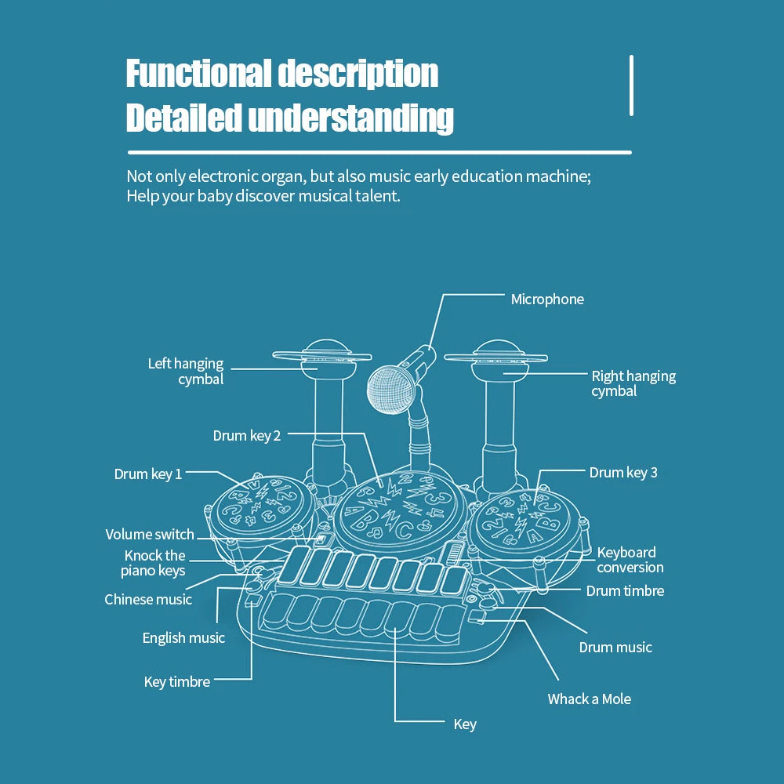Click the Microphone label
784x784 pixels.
(547, 299)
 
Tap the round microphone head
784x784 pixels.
(388, 388)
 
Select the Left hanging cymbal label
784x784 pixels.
(187, 371)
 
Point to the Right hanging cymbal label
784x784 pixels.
(633, 383)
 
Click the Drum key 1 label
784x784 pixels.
(148, 474)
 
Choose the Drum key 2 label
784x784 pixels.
(246, 435)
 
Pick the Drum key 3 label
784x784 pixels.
(623, 473)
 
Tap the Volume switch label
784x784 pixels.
(150, 535)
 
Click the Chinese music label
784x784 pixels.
(148, 600)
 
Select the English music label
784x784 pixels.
(183, 638)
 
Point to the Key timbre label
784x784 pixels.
(177, 682)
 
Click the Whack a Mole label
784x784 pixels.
(589, 699)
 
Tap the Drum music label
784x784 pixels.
(615, 647)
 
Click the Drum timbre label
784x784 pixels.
(625, 591)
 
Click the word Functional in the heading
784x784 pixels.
(198, 74)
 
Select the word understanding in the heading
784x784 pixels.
(350, 118)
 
